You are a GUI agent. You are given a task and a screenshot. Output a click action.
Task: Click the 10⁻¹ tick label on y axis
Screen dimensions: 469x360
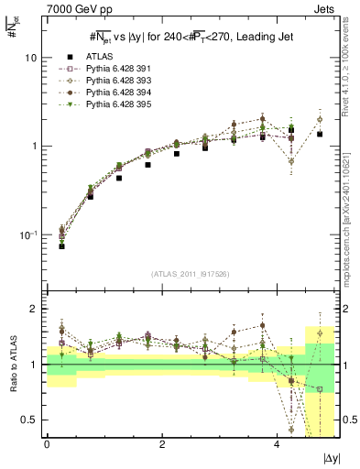click(27, 235)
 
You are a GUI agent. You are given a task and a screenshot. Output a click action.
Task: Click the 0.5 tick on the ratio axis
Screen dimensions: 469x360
click(28, 420)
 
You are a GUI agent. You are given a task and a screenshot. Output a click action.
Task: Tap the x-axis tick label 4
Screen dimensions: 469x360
click(277, 444)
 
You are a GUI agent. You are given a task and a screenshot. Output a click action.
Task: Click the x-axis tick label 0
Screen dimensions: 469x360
click(47, 444)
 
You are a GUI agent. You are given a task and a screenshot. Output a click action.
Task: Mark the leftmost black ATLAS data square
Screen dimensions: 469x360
click(61, 245)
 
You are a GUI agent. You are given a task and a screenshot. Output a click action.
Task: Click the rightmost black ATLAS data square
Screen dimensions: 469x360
click(320, 134)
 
